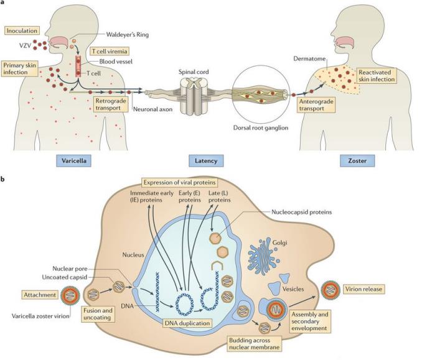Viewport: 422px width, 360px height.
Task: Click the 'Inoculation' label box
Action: point(22,30)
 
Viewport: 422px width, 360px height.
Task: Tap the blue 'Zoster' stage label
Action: point(358,161)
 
